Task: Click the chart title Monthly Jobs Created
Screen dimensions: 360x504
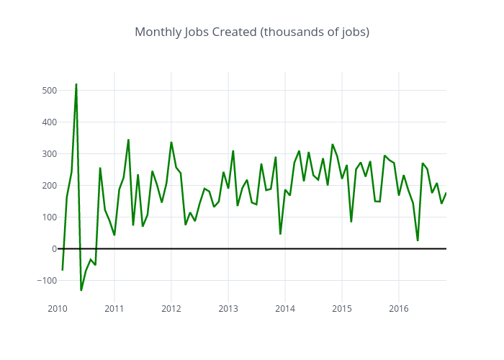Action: coord(252,32)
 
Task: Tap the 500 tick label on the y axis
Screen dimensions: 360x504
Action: coord(49,91)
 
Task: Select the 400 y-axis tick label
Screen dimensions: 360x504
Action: coord(49,122)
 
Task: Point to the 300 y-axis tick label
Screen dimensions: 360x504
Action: coord(49,154)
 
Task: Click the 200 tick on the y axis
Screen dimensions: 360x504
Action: coord(49,186)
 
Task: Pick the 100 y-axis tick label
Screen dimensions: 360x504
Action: coord(49,217)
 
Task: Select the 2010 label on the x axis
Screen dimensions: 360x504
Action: coord(58,309)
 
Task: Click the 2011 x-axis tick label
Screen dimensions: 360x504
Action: coord(114,309)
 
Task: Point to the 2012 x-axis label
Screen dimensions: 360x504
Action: coord(171,309)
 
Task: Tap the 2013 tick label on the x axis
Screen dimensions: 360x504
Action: coord(228,309)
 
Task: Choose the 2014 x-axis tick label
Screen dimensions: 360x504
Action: coord(285,309)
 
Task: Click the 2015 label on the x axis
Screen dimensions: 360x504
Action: coord(342,309)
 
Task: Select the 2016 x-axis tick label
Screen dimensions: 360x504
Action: coord(399,309)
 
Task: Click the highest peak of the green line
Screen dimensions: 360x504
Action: coord(76,84)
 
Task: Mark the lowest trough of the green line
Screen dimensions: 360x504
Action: coord(81,290)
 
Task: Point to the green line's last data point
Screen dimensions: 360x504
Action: coord(446,193)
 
